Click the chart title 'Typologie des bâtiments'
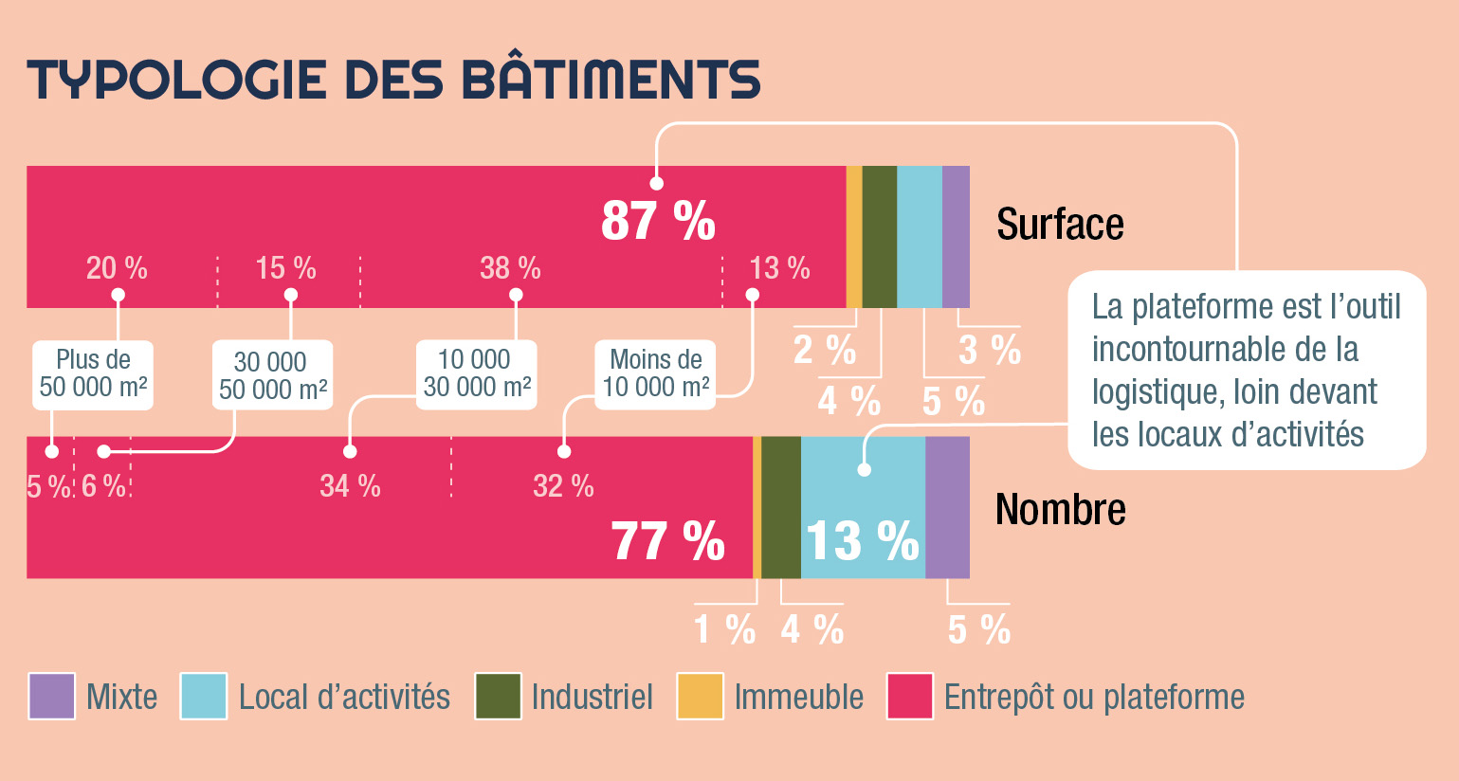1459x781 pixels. [393, 80]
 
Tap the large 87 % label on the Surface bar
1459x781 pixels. [658, 220]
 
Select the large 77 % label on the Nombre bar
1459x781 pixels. [668, 541]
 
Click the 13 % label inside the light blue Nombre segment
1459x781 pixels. [862, 540]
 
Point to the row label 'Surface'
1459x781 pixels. [1060, 225]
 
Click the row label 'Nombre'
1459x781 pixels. [1060, 510]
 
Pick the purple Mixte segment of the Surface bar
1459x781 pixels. [956, 237]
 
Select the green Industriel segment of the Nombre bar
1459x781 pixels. [781, 507]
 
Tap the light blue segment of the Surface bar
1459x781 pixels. [919, 237]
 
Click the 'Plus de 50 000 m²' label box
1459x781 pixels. [93, 374]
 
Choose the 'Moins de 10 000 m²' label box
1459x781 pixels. [656, 374]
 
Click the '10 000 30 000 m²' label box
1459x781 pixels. [476, 374]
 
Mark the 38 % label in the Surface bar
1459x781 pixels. [510, 268]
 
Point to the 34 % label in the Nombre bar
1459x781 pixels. [350, 486]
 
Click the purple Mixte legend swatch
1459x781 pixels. [52, 697]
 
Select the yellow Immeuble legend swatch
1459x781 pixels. [700, 697]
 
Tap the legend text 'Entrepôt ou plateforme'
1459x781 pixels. [1094, 698]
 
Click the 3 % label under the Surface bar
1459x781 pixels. [989, 350]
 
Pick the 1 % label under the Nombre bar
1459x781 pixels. [724, 629]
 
